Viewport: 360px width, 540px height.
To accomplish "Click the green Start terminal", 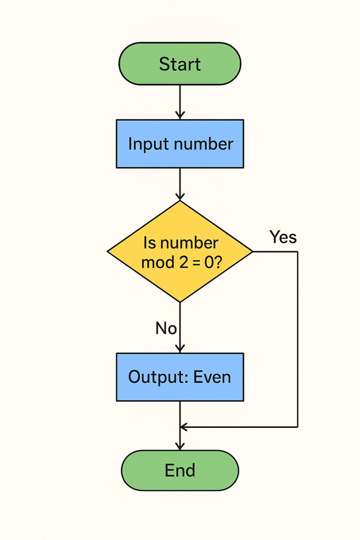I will [180, 64].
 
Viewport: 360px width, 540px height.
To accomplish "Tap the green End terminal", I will [180, 470].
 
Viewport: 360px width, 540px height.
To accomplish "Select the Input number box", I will [180, 144].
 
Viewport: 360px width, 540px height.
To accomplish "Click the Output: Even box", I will [180, 377].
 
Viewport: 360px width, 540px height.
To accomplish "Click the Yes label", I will [283, 237].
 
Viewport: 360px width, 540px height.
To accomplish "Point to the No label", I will [166, 328].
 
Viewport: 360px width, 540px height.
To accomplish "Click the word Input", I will [146, 144].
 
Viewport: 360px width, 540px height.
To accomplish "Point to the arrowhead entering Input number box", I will [180, 116].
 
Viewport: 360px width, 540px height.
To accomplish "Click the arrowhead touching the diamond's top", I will [180, 197].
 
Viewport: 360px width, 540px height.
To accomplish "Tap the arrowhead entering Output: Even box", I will [180, 349].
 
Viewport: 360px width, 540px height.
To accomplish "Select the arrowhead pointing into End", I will [180, 446].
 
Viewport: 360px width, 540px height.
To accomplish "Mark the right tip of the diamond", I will [252, 252].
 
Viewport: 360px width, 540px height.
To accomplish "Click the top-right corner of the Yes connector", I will [297, 252].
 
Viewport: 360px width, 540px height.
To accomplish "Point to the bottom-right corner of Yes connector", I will [297, 426].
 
